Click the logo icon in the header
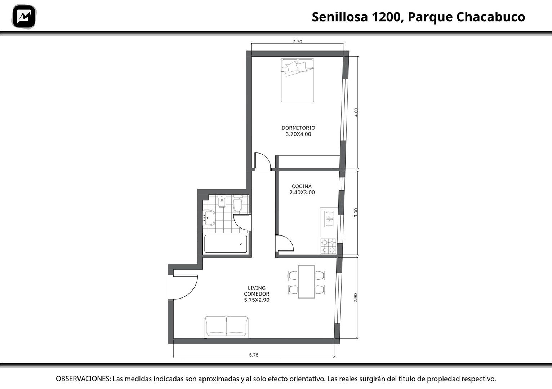pyautogui.click(x=24, y=17)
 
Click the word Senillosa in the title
pyautogui.click(x=340, y=17)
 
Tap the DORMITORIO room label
pyautogui.click(x=298, y=128)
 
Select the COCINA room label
pyautogui.click(x=302, y=186)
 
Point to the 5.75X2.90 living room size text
pyautogui.click(x=257, y=300)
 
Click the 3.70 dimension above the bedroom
pyautogui.click(x=297, y=41)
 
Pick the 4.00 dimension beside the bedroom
pyautogui.click(x=356, y=112)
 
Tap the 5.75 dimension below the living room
pyautogui.click(x=254, y=355)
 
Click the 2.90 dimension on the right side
pyautogui.click(x=355, y=298)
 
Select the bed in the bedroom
pyautogui.click(x=298, y=80)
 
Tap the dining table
pyautogui.click(x=306, y=282)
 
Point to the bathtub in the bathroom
pyautogui.click(x=226, y=244)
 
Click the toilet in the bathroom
pyautogui.click(x=238, y=203)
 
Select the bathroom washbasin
pyautogui.click(x=209, y=218)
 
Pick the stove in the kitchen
pyautogui.click(x=329, y=246)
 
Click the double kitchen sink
pyautogui.click(x=329, y=219)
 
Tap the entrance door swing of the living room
pyautogui.click(x=183, y=287)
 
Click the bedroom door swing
pyautogui.click(x=262, y=162)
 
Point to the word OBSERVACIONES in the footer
pyautogui.click(x=83, y=379)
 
